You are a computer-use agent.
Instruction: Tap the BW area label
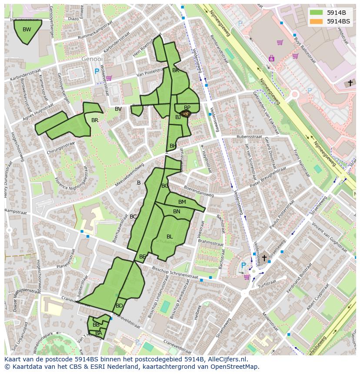(27, 30)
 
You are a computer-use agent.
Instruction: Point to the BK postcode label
(176, 70)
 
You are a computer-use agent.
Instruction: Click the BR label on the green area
(95, 120)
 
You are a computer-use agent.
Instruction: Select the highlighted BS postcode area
(186, 113)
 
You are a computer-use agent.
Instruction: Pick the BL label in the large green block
(170, 236)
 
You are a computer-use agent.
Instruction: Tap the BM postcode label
(182, 202)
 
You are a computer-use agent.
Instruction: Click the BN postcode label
(177, 212)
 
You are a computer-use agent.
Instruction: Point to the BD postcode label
(119, 306)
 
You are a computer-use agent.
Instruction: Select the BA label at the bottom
(99, 333)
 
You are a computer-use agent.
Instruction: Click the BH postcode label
(173, 146)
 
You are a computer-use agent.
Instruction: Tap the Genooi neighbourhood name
(92, 59)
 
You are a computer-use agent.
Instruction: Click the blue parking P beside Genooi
(97, 71)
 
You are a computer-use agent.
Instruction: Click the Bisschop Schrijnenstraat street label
(175, 272)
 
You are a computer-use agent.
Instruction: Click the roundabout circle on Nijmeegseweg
(294, 94)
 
